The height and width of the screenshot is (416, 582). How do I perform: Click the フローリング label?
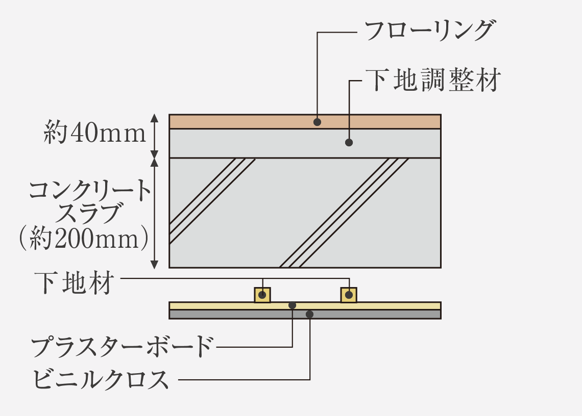click(x=429, y=31)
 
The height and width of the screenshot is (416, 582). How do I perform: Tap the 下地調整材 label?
click(x=433, y=80)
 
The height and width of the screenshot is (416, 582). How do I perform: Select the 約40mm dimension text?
click(x=95, y=132)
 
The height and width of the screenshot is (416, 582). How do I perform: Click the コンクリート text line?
click(x=90, y=191)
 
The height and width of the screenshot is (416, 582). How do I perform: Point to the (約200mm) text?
click(x=84, y=238)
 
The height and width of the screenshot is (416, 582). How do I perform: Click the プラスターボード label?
click(x=123, y=346)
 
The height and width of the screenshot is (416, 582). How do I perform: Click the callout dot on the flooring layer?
click(x=317, y=122)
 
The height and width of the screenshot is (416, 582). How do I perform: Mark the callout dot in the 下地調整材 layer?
click(x=349, y=142)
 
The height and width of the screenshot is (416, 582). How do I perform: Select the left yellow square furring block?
click(x=262, y=295)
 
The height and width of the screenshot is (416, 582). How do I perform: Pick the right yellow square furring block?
click(x=349, y=295)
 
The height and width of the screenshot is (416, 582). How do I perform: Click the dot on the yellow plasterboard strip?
click(x=293, y=305)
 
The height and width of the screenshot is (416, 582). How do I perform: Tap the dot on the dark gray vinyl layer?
click(x=309, y=315)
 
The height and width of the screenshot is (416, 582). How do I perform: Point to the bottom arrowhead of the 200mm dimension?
click(x=154, y=264)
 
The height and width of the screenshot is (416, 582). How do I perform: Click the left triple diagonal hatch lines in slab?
click(x=212, y=201)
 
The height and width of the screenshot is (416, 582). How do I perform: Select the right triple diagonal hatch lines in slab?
click(x=344, y=213)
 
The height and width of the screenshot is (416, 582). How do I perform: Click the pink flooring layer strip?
click(x=305, y=122)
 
